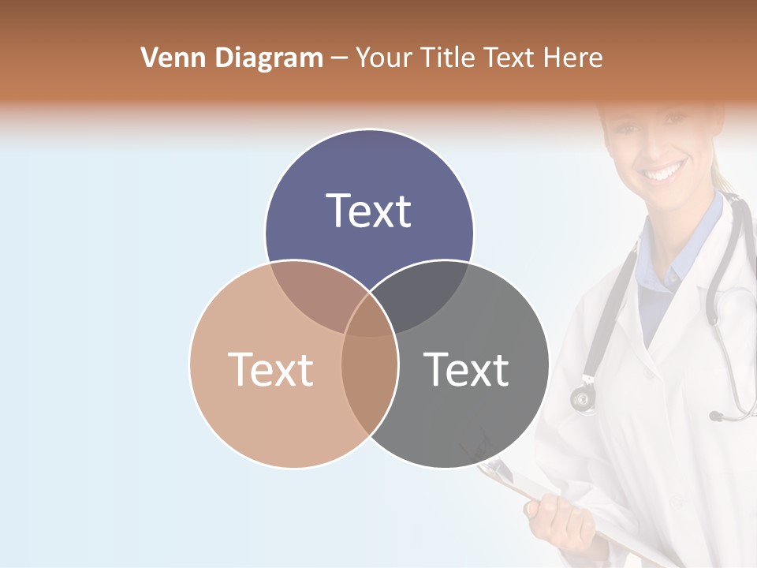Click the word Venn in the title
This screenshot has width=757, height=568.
[x=168, y=58]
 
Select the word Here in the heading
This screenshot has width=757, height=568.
[x=576, y=58]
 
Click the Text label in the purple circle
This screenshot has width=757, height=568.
[x=369, y=211]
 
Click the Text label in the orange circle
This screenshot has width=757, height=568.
[x=270, y=368]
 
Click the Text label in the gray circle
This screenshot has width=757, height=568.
[x=467, y=368]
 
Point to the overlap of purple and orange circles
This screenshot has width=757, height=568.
[x=315, y=296]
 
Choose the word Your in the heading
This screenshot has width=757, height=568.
[x=384, y=58]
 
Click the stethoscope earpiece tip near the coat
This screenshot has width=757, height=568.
[x=716, y=416]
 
